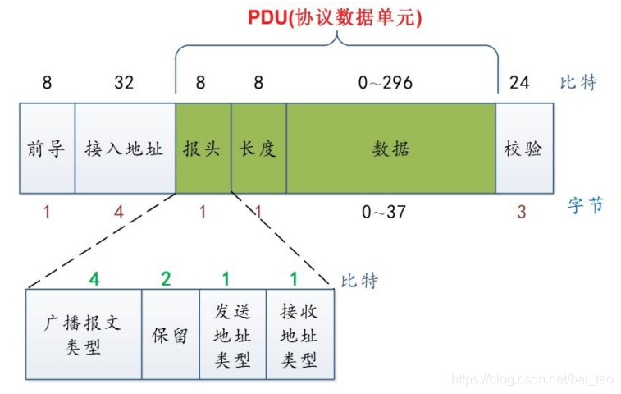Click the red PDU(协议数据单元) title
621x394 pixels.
(x=336, y=17)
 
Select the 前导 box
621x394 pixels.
(x=47, y=149)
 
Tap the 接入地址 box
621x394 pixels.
(x=124, y=149)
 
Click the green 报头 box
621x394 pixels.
(x=203, y=149)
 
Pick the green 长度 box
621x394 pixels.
(x=258, y=149)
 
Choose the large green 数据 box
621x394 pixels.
(x=390, y=149)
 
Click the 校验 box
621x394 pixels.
(x=524, y=149)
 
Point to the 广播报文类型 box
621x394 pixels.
(x=84, y=334)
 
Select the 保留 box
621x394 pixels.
(x=171, y=335)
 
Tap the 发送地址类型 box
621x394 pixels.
(x=233, y=335)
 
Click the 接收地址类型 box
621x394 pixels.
(x=299, y=335)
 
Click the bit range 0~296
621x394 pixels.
(x=386, y=83)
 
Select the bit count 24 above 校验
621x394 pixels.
(x=519, y=83)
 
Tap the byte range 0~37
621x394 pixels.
(x=385, y=213)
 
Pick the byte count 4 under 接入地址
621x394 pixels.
(x=119, y=213)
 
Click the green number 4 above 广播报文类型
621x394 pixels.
(x=94, y=279)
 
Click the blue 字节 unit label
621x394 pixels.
(x=585, y=205)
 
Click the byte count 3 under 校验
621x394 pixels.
(x=522, y=213)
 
